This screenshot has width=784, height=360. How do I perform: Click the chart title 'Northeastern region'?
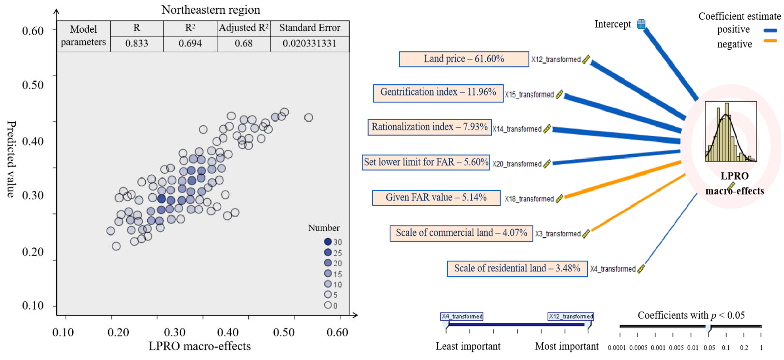click(x=211, y=10)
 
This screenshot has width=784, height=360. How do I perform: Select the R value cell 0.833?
click(x=137, y=43)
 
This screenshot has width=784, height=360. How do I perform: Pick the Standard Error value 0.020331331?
click(x=310, y=43)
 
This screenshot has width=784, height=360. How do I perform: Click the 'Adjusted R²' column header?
click(x=244, y=28)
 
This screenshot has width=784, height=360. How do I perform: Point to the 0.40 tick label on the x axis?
click(x=228, y=332)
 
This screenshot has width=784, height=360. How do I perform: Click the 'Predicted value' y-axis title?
click(x=11, y=159)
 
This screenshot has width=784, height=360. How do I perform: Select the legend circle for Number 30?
click(x=328, y=242)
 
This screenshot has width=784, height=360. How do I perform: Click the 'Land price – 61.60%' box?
click(x=464, y=59)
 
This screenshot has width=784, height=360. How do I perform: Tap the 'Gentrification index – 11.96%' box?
click(x=438, y=93)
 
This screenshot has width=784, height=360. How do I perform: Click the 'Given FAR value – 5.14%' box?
click(x=436, y=198)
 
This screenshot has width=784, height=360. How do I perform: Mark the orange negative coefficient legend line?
click(x=770, y=41)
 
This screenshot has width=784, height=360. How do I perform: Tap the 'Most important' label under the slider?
click(x=567, y=346)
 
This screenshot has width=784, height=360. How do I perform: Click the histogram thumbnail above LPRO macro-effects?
click(x=731, y=132)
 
